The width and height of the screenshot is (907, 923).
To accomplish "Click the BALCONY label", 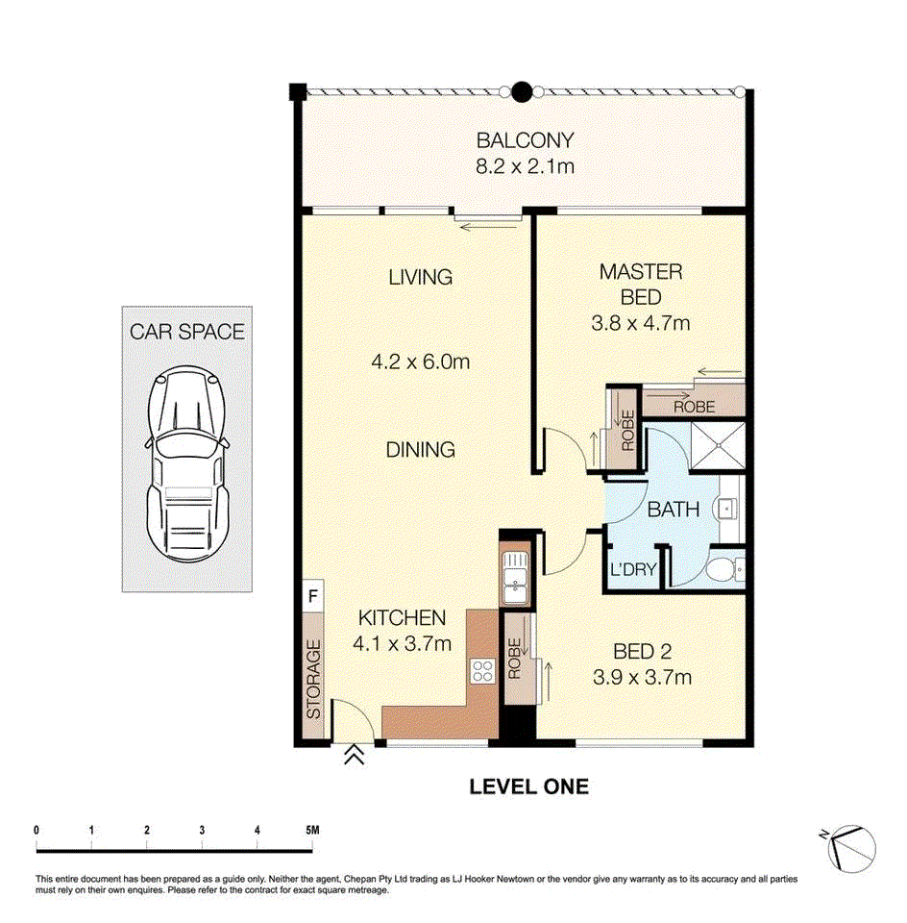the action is tap(525, 140).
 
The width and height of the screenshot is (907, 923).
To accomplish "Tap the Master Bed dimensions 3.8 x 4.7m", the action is tap(641, 323).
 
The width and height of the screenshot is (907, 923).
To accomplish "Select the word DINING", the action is tap(420, 450).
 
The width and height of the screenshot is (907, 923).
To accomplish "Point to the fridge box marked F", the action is tap(313, 596).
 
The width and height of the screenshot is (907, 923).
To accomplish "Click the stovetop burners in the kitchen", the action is tap(483, 670).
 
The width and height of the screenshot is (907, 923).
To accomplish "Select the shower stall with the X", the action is tap(718, 445).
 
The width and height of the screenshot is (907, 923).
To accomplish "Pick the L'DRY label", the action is tap(633, 569).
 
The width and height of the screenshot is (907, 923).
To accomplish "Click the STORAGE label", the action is tap(313, 680).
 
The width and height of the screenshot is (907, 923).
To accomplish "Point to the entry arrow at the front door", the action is tap(354, 754).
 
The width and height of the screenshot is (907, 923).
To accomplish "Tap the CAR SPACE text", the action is tap(187, 332).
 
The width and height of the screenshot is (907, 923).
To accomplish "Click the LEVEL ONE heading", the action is tap(528, 787).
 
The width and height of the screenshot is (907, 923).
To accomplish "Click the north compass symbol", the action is tap(850, 848).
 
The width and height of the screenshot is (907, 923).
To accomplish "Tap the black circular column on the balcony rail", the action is tap(522, 92).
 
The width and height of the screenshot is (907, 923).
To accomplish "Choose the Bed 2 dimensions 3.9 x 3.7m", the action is tap(643, 678).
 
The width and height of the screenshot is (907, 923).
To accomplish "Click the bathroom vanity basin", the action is tap(727, 508).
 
